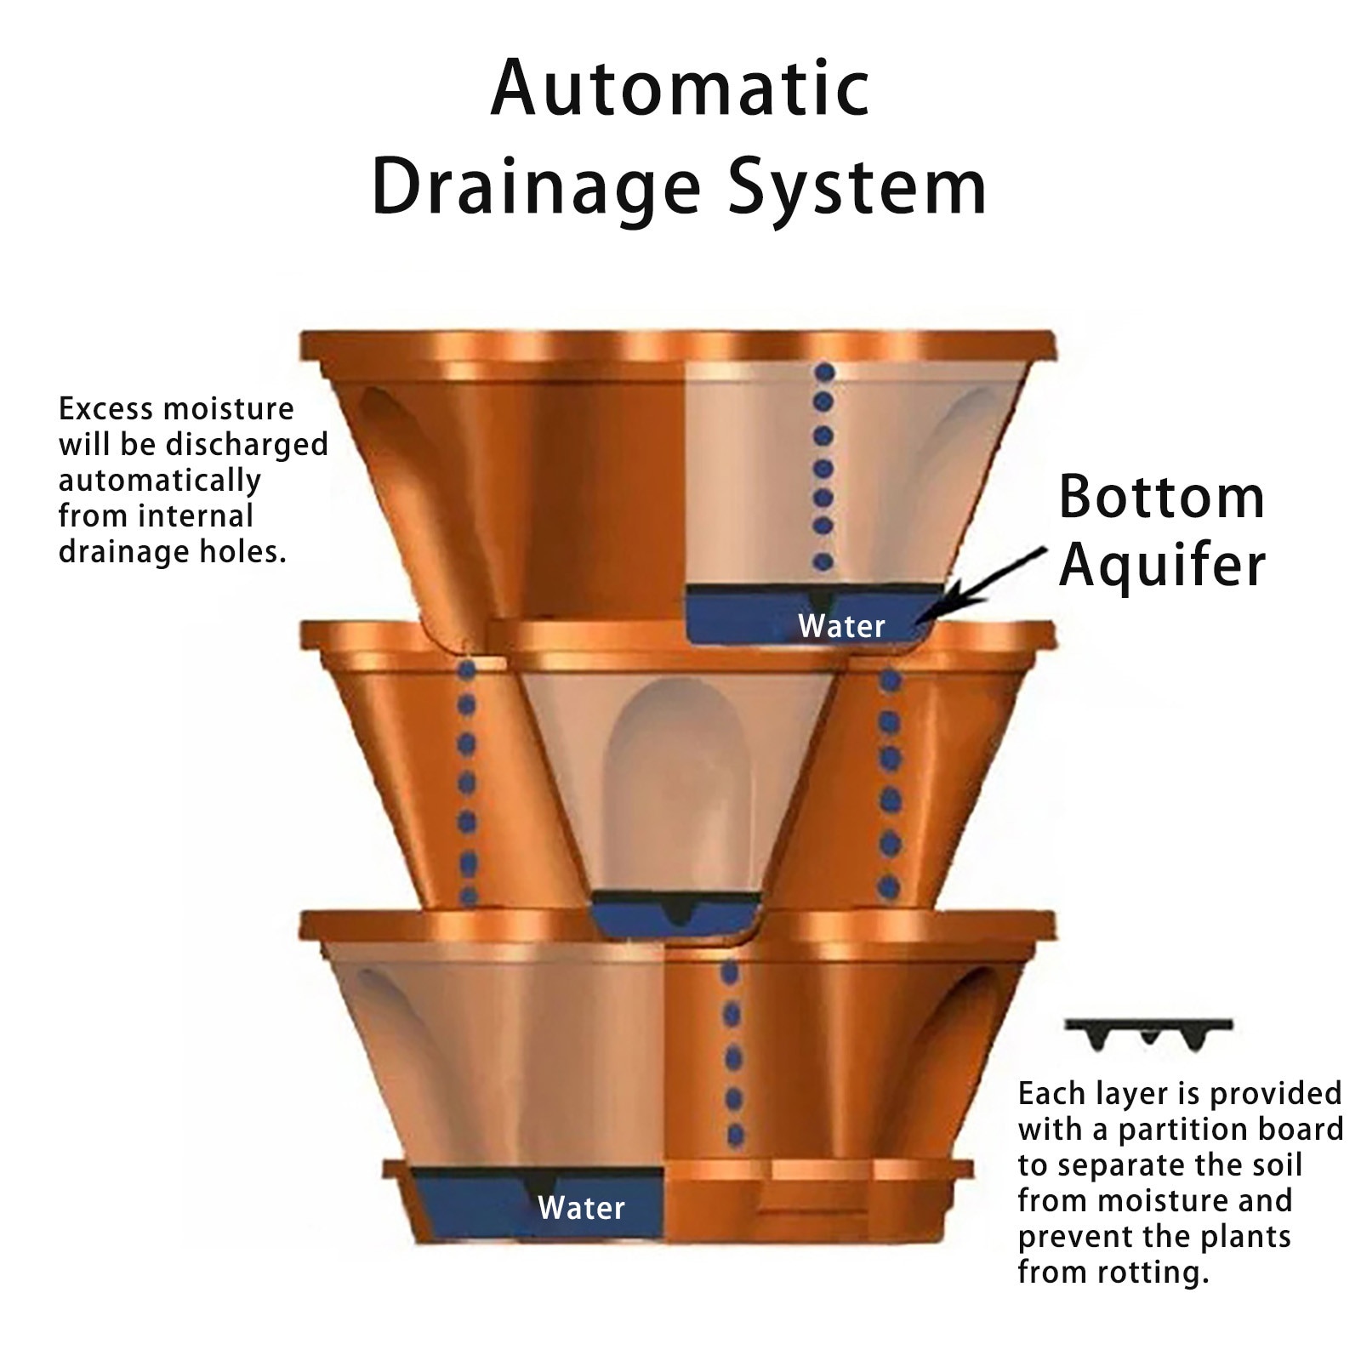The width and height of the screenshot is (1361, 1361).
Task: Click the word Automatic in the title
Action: coord(680,89)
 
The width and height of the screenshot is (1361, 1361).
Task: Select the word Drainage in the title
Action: coord(536,189)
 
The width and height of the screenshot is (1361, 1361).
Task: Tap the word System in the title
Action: coord(858,189)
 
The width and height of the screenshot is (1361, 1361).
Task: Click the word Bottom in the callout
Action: coord(1161,498)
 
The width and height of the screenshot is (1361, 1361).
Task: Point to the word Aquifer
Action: coord(1162,566)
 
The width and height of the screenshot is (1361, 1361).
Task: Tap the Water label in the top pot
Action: coord(841,627)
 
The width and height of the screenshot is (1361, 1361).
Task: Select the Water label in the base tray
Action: coord(581,1208)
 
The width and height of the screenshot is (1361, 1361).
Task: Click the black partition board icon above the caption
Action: coord(1148,1032)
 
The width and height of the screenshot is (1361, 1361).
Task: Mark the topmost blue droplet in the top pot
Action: coord(823,372)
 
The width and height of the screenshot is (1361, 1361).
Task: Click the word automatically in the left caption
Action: coord(159,481)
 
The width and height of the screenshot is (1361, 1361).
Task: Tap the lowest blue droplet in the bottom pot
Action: coord(736,1135)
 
